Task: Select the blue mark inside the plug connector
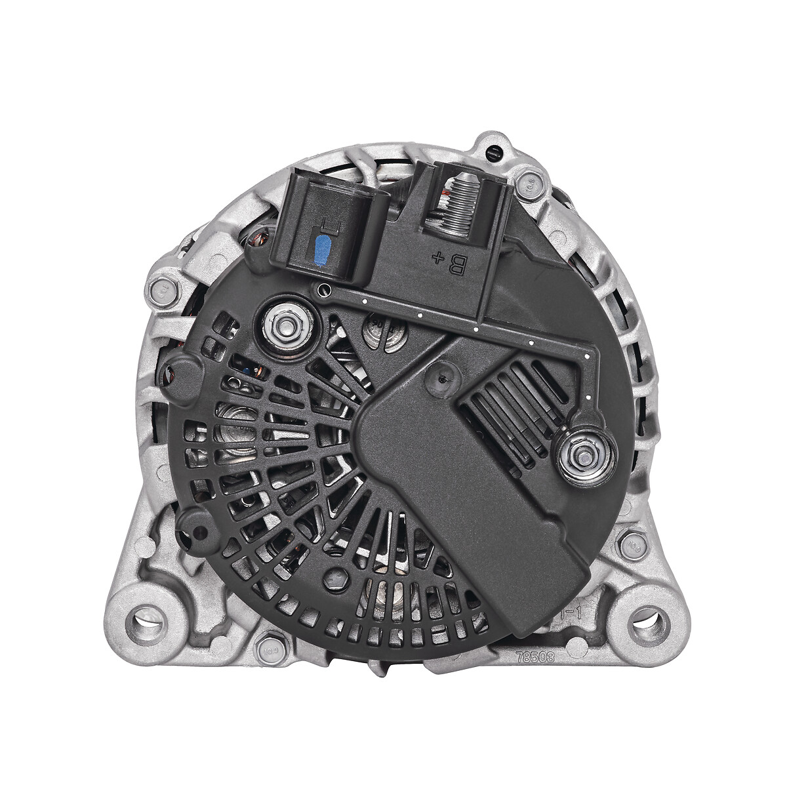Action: (x=322, y=249)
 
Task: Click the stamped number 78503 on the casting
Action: (x=532, y=655)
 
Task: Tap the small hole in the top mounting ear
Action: (x=493, y=153)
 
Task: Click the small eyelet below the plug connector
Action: (x=321, y=291)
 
